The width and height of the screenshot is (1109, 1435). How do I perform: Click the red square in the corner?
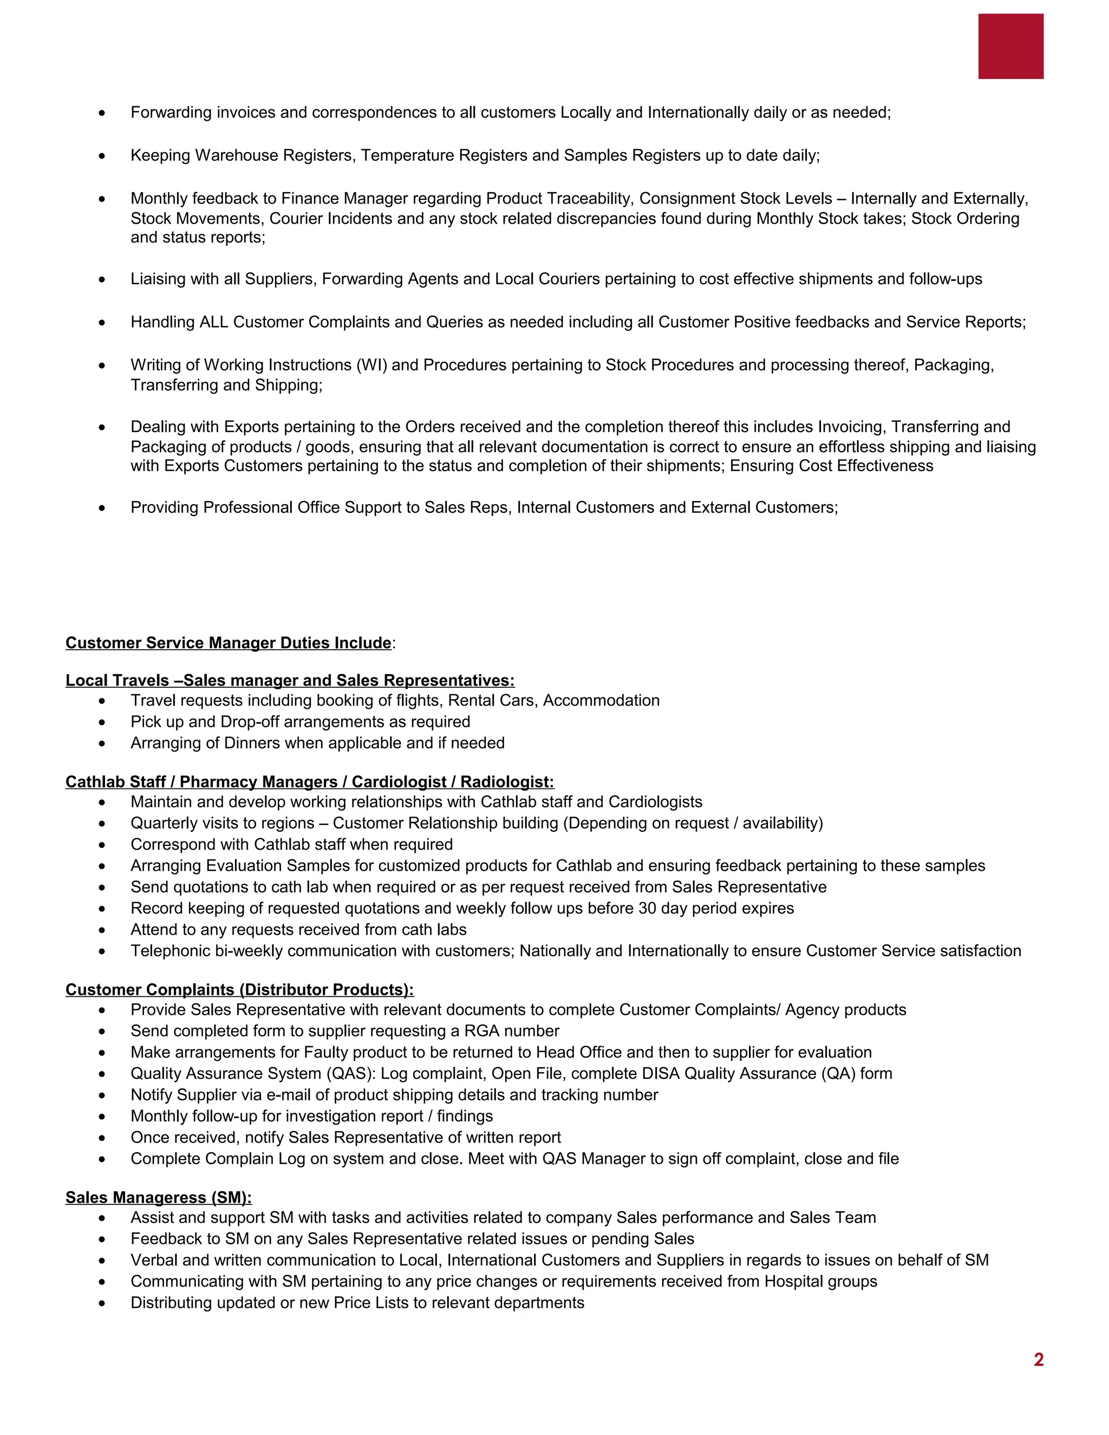tap(1010, 46)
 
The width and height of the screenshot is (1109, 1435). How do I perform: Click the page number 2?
tap(1038, 1359)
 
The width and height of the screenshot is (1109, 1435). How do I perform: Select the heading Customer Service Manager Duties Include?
tap(228, 643)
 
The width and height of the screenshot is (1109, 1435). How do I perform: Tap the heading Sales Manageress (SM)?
tap(158, 1197)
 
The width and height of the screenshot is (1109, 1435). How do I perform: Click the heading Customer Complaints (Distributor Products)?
tap(239, 989)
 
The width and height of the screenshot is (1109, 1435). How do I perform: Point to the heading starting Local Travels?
tap(290, 680)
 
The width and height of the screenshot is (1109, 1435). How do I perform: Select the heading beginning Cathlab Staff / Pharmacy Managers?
tap(309, 782)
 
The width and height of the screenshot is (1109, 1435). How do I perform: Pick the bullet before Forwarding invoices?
tap(102, 114)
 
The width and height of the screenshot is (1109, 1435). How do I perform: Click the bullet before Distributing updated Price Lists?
tap(102, 1303)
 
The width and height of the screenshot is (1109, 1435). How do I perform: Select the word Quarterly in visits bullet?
tap(164, 823)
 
